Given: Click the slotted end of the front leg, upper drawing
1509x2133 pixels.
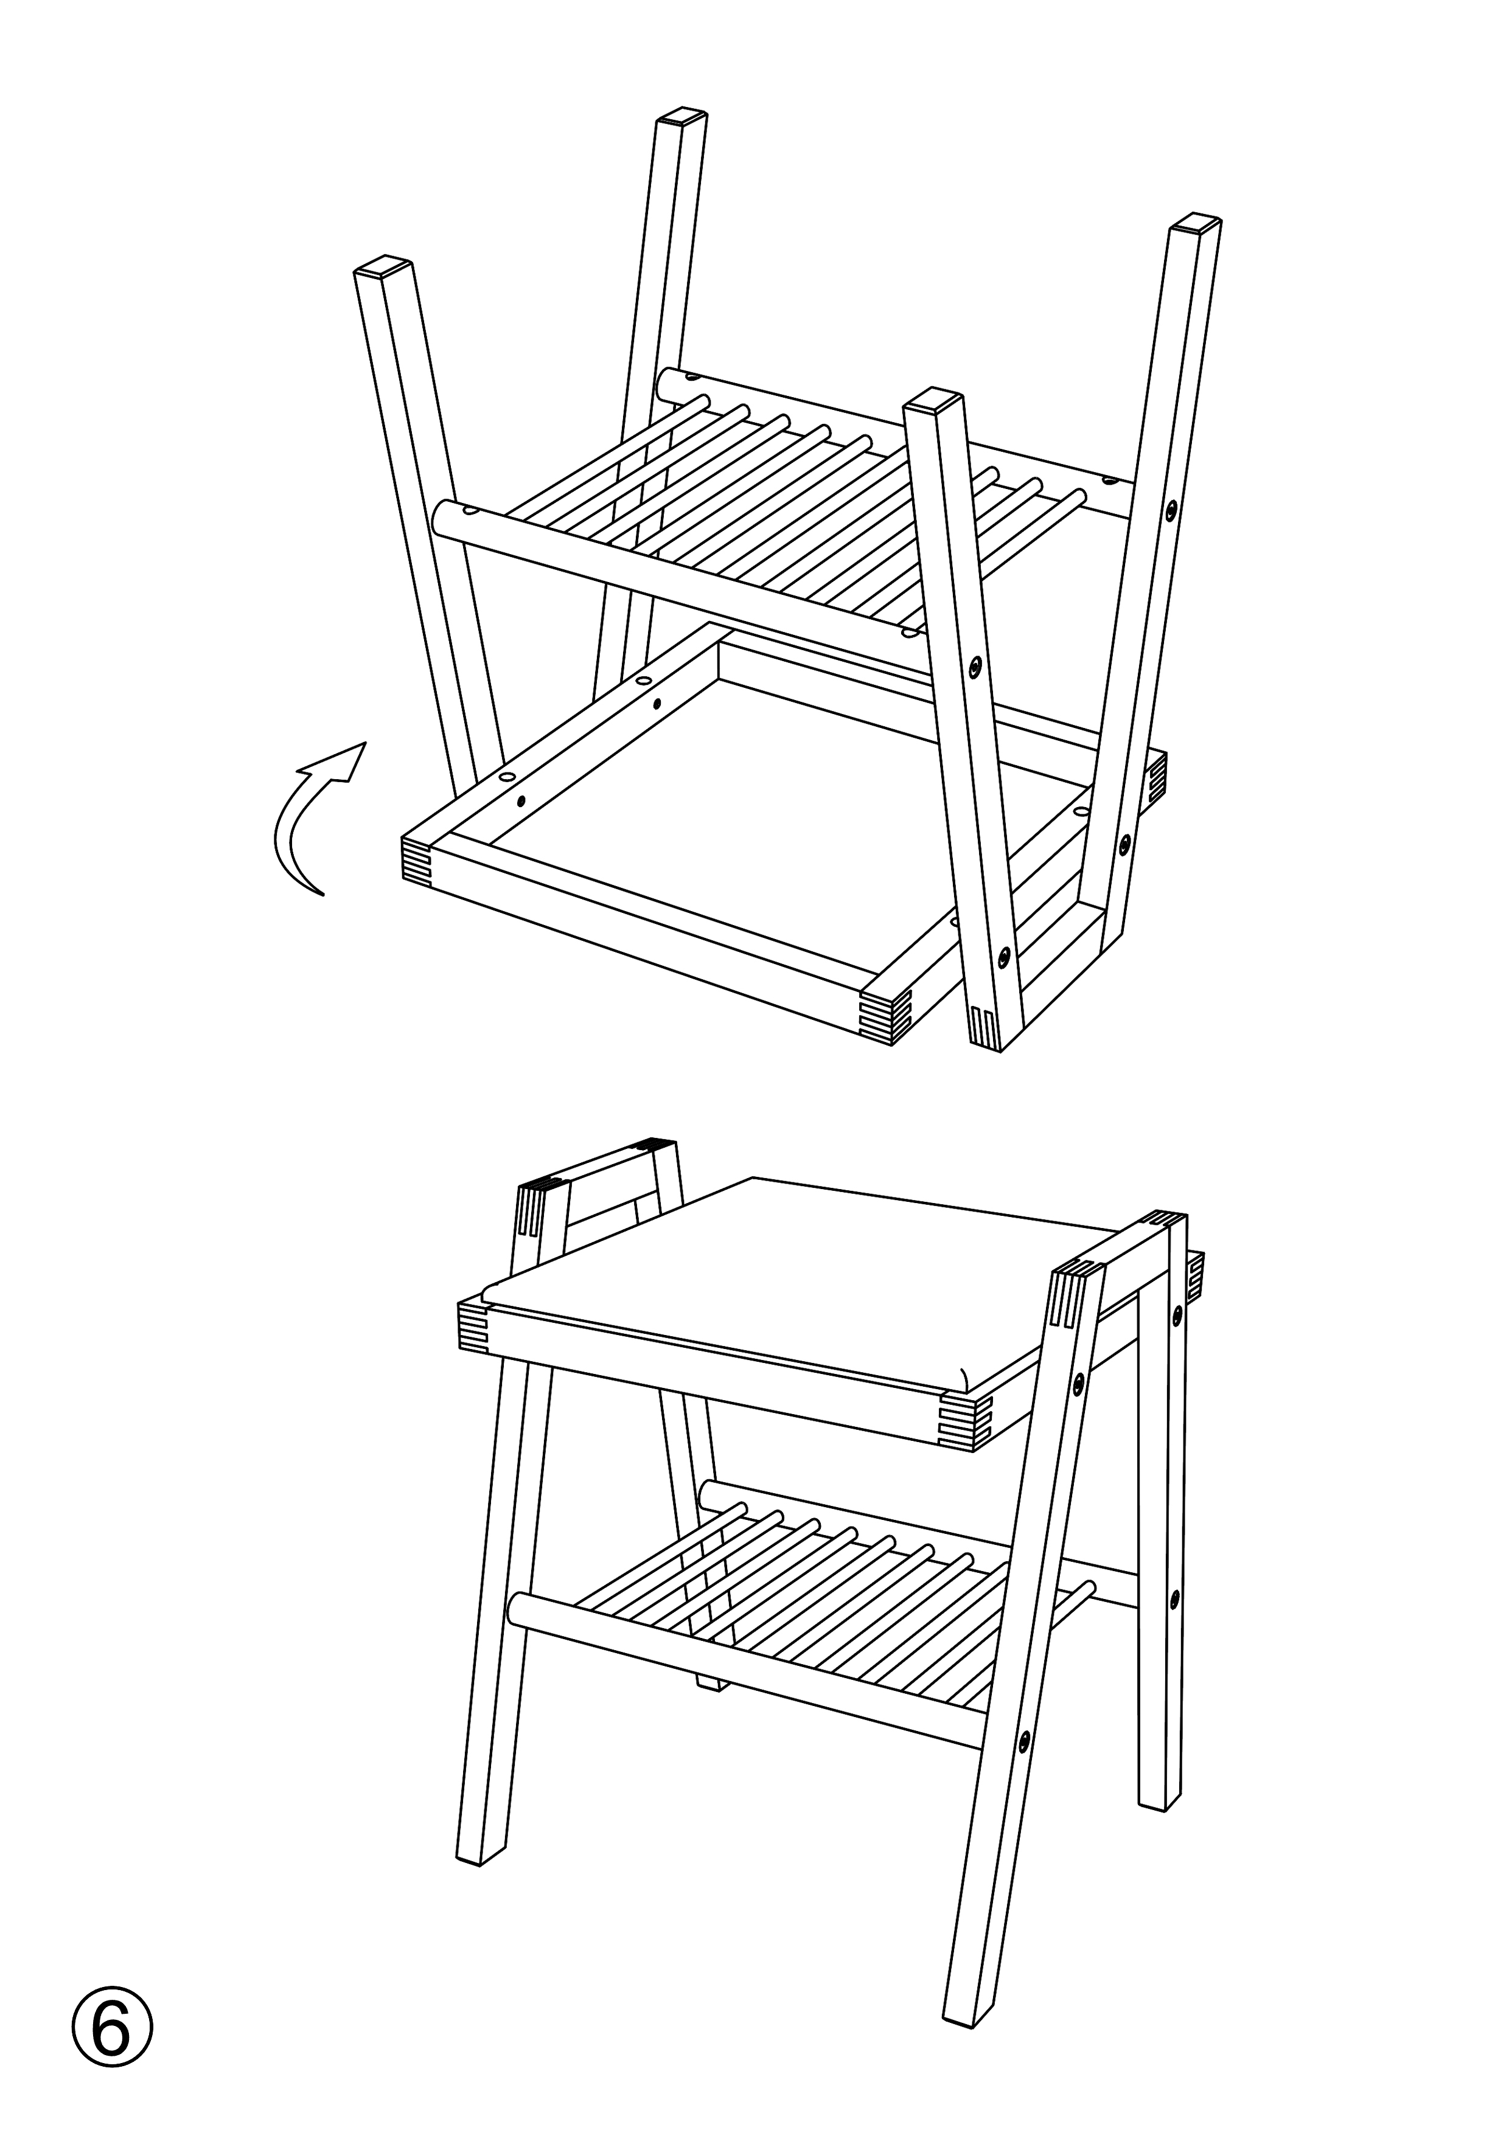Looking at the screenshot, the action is coord(986,1027).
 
